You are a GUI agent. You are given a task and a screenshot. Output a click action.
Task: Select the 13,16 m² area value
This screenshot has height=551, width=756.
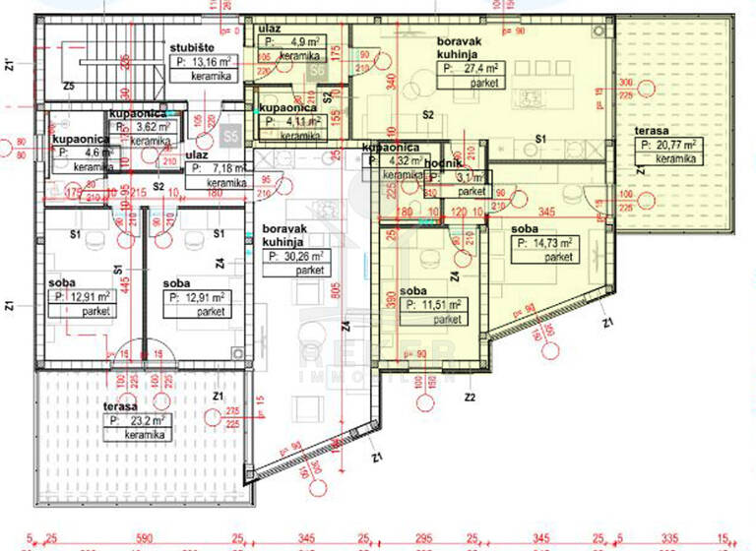tap(205, 60)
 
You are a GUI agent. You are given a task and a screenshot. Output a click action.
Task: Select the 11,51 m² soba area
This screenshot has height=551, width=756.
tap(432, 306)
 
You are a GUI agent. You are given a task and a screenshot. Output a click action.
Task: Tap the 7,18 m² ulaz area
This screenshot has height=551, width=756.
tap(216, 168)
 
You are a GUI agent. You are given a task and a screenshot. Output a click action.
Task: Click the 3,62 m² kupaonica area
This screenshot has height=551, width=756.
tap(144, 127)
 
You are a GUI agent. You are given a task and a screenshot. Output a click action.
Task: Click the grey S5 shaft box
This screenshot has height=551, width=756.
tap(231, 135)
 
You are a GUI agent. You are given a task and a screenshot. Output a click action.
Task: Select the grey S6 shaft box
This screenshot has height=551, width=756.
tap(316, 70)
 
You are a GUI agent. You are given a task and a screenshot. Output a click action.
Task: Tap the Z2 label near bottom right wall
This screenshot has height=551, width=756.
tap(470, 398)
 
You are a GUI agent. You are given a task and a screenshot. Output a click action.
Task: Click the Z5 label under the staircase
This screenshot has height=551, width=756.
tap(68, 86)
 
